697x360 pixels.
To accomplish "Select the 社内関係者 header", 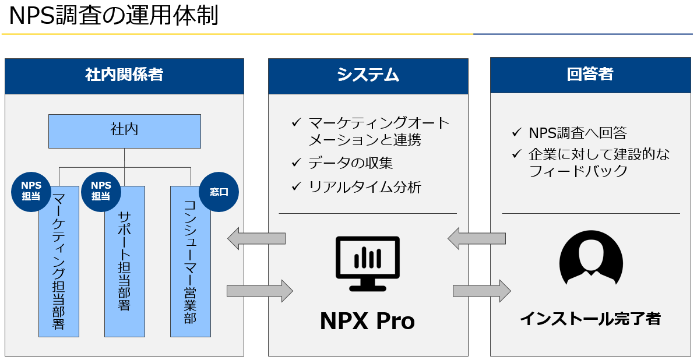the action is click(x=125, y=76).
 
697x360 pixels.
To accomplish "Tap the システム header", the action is click(x=368, y=76).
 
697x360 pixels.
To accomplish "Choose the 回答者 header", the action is click(x=590, y=75).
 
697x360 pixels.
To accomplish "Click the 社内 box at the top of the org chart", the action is click(x=125, y=130).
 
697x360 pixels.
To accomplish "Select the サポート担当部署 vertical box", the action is click(x=125, y=262).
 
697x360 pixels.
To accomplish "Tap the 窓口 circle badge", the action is click(x=219, y=192).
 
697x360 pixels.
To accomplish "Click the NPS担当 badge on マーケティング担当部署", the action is click(x=31, y=190).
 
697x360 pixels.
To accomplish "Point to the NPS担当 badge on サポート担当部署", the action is click(x=100, y=190).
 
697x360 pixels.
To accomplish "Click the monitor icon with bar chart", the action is click(x=368, y=264).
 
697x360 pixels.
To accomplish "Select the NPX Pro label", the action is click(x=368, y=322).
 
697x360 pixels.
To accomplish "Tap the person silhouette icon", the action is click(x=591, y=262).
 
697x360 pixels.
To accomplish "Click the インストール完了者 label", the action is click(x=590, y=319).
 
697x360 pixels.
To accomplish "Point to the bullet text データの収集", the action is click(x=351, y=163).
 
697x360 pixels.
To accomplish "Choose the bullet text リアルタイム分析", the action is click(x=364, y=187).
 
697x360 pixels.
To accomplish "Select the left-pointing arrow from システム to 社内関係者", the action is click(x=256, y=239).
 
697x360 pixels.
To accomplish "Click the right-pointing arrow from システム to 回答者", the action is click(x=482, y=291).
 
